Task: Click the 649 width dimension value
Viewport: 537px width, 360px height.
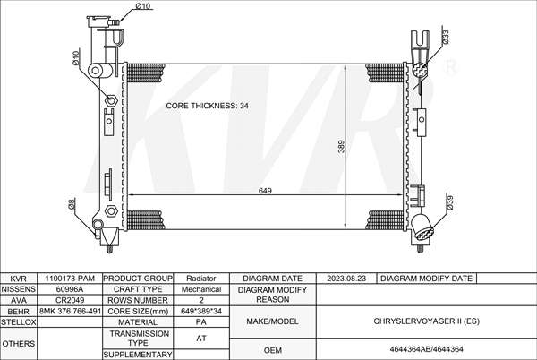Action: (x=265, y=191)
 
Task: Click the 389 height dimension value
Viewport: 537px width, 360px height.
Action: (x=341, y=147)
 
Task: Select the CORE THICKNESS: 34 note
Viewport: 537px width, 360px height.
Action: (x=208, y=106)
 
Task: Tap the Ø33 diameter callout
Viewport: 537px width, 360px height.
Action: (x=446, y=37)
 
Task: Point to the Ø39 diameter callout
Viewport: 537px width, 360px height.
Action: (x=449, y=202)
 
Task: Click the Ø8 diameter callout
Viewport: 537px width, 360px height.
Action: (x=72, y=204)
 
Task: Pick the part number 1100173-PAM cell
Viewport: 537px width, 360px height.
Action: (x=70, y=279)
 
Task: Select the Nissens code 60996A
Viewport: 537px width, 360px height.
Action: (x=70, y=289)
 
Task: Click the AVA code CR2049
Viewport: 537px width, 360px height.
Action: (x=70, y=300)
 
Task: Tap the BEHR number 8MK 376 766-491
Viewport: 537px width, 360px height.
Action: (x=70, y=311)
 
